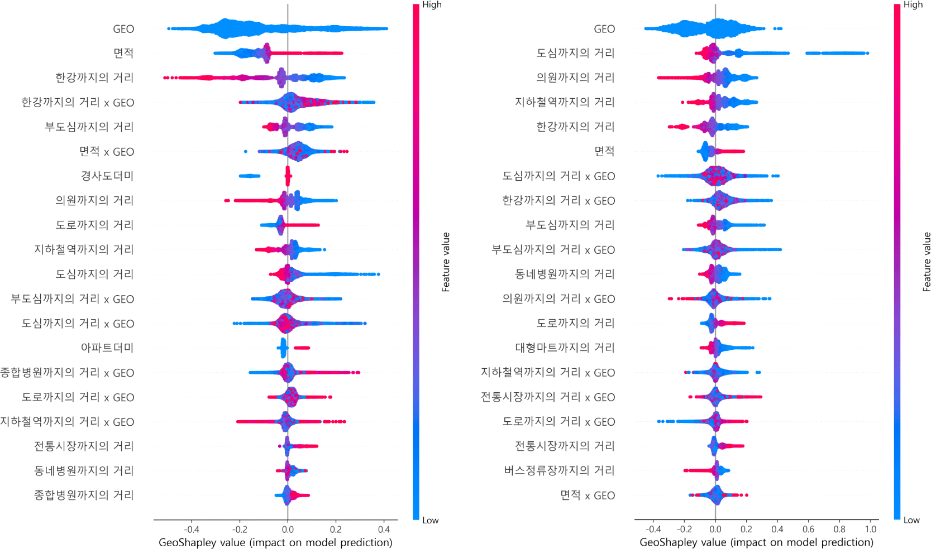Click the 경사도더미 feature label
pyautogui.click(x=107, y=176)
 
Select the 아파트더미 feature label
pyautogui.click(x=107, y=348)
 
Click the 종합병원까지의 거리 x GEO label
pyautogui.click(x=67, y=372)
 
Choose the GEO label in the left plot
pyautogui.click(x=123, y=29)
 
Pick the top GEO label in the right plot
pyautogui.click(x=604, y=29)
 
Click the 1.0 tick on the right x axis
pyautogui.click(x=871, y=529)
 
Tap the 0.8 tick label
pyautogui.click(x=839, y=529)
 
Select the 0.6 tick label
pyautogui.click(x=808, y=529)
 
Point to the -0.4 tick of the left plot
pyautogui.click(x=191, y=529)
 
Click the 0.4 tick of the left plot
pyautogui.click(x=384, y=529)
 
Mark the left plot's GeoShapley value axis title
pyautogui.click(x=275, y=542)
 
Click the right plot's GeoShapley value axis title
pyautogui.click(x=756, y=542)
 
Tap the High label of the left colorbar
pyautogui.click(x=432, y=4)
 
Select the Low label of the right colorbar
pyautogui.click(x=911, y=520)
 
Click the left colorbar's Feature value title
pyautogui.click(x=445, y=262)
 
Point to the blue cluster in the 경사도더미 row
pyautogui.click(x=249, y=176)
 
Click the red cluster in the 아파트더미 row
pyautogui.click(x=302, y=348)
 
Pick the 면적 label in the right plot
pyautogui.click(x=604, y=151)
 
